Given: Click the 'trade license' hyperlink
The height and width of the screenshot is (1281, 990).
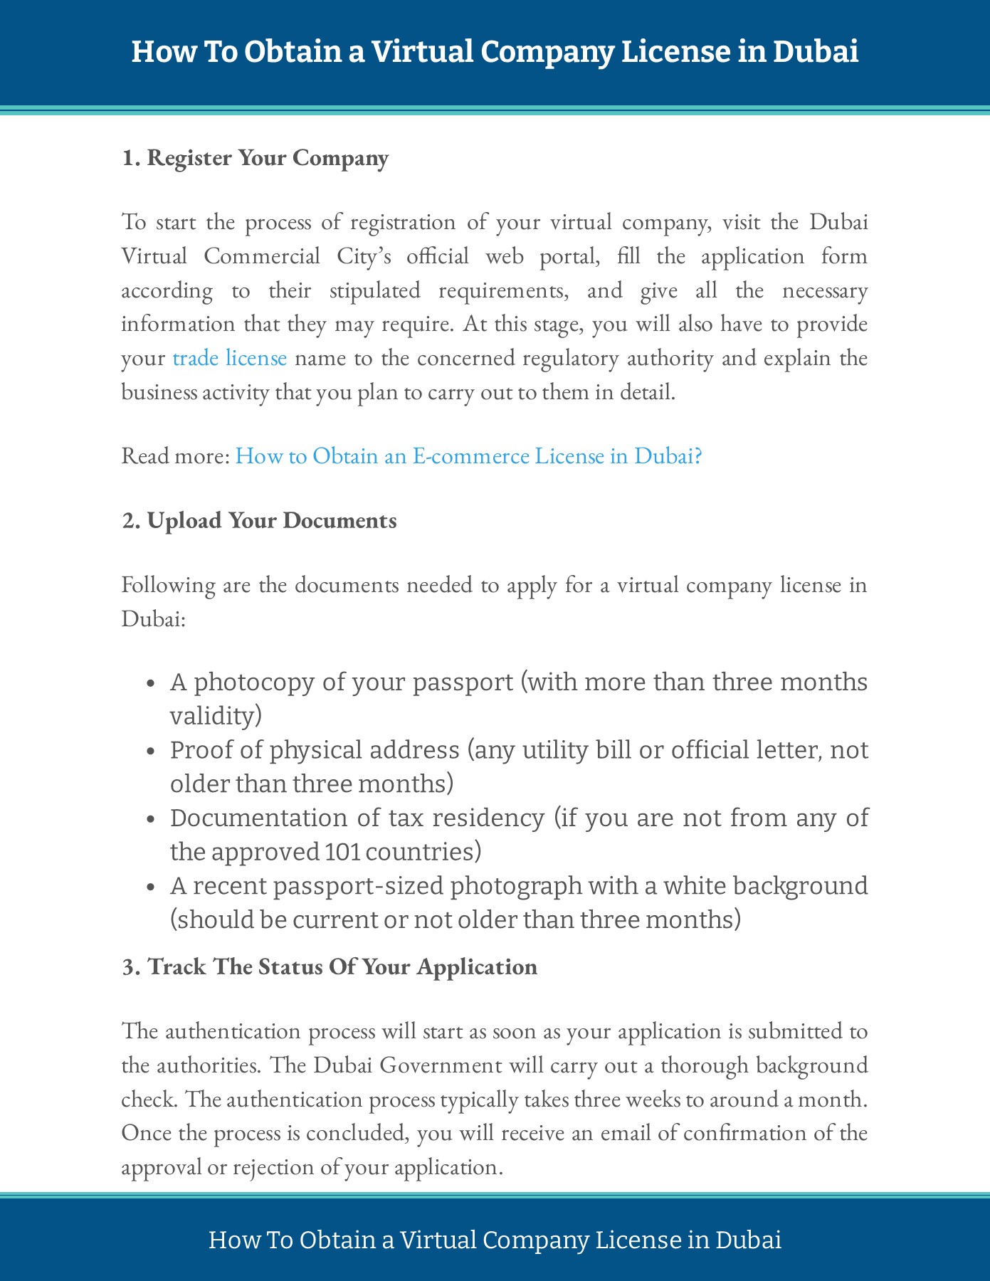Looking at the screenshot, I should click(229, 358).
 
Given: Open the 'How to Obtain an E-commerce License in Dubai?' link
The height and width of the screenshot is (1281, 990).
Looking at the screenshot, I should click(468, 455).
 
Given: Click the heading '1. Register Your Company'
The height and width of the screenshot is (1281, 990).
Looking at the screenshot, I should click(255, 158).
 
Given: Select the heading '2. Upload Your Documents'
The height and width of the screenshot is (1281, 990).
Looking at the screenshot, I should click(259, 520).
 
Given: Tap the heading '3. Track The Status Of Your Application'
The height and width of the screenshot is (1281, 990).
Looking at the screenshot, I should click(330, 966).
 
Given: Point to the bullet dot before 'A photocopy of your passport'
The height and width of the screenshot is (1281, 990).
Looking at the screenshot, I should click(150, 683).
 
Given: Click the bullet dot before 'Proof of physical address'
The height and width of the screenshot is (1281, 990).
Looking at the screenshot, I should click(150, 752).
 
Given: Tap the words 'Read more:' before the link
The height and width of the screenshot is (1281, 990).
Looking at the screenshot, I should click(175, 455).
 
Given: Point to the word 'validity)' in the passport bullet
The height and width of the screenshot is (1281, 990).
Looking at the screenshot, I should click(216, 715).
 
